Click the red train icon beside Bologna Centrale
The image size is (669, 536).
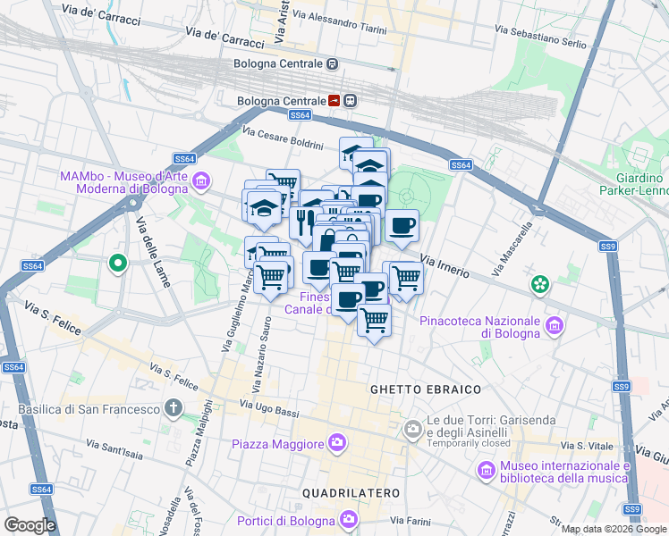pyautogui.click(x=334, y=101)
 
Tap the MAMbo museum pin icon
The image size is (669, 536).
pyautogui.click(x=201, y=182)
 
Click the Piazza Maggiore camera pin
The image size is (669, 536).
pyautogui.click(x=337, y=441)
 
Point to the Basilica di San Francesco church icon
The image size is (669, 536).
pyautogui.click(x=174, y=409)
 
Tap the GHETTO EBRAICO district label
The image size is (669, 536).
pyautogui.click(x=426, y=389)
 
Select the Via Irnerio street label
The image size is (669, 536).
pyautogui.click(x=443, y=264)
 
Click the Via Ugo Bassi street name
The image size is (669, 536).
pyautogui.click(x=268, y=410)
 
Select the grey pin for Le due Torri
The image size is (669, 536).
pyautogui.click(x=412, y=431)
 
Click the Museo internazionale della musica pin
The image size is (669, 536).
pyautogui.click(x=486, y=470)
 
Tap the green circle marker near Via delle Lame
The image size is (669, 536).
pyautogui.click(x=116, y=264)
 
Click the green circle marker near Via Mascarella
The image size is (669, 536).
pyautogui.click(x=540, y=284)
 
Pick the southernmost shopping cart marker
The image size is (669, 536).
pyautogui.click(x=374, y=320)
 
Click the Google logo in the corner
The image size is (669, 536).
pyautogui.click(x=30, y=524)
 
